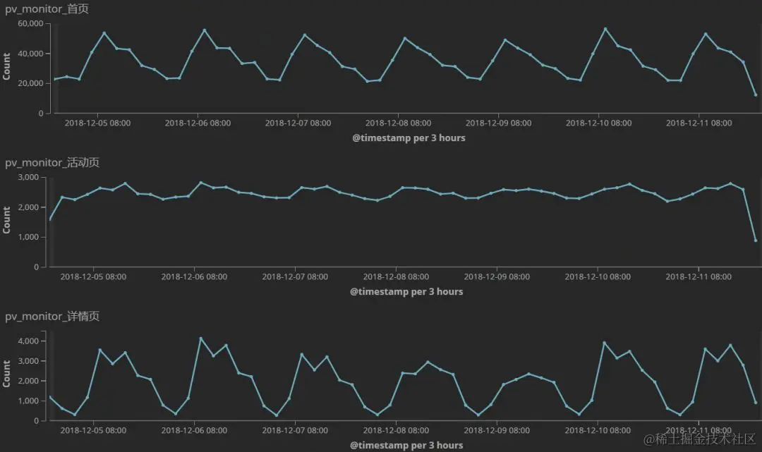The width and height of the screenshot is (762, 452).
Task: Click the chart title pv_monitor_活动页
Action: pos(52,162)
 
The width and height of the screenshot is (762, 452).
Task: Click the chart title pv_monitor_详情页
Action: pos(52,316)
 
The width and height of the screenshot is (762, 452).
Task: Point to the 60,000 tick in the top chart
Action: pos(31,23)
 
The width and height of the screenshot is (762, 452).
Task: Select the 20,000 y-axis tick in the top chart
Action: pos(31,83)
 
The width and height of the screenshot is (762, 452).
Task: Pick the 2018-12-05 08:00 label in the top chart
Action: pos(97,123)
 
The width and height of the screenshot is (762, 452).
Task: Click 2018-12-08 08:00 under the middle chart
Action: pos(395,276)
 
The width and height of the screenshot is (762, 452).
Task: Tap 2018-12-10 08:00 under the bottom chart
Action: pos(597,430)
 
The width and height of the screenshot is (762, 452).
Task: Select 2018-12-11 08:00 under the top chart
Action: pos(699,123)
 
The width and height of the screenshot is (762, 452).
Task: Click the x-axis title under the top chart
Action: pos(409,138)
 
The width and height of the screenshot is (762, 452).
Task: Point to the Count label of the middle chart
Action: pos(7,220)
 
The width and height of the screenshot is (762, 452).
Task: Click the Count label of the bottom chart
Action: pos(7,374)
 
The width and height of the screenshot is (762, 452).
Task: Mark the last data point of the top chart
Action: pos(756,94)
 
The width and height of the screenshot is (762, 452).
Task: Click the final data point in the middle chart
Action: pos(756,240)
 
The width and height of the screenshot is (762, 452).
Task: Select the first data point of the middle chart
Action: pos(49,219)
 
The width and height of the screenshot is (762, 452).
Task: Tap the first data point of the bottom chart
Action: pos(49,397)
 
